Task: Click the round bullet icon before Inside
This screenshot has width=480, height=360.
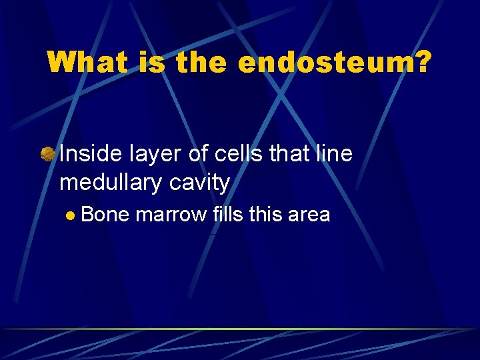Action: (47, 155)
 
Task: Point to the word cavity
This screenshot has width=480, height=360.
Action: (199, 182)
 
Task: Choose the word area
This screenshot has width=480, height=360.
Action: (308, 215)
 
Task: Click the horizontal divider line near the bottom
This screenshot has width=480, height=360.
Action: (240, 329)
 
